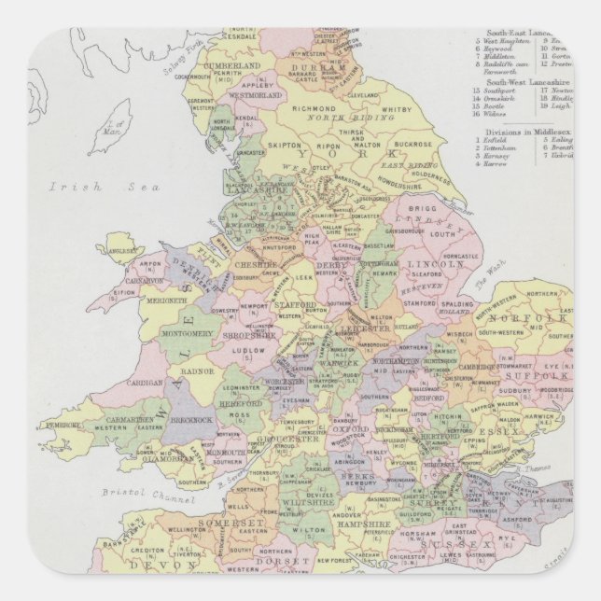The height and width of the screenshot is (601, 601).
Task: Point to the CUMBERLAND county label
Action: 233,66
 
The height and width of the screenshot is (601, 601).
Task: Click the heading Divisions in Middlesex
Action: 527,132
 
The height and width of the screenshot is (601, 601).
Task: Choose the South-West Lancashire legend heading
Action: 530,81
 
